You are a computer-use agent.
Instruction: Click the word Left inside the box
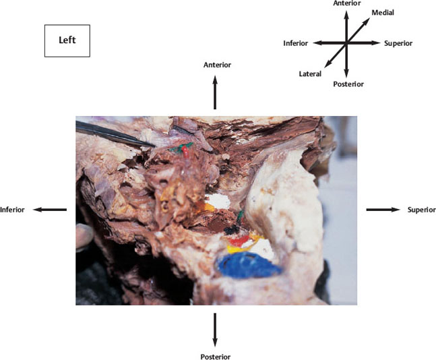(67, 40)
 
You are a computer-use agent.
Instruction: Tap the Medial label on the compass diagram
(383, 13)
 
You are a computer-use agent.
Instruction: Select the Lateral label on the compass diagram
(310, 73)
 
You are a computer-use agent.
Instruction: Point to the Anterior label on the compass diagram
(347, 3)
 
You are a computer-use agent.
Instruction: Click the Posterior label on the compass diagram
(348, 84)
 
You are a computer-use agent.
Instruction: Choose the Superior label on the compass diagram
(398, 43)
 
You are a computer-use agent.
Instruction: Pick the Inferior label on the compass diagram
(296, 43)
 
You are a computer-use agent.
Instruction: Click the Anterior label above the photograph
(217, 65)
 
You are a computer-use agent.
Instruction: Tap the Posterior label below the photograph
(216, 357)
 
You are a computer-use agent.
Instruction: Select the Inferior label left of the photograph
(12, 210)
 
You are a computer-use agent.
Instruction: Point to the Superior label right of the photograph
(422, 210)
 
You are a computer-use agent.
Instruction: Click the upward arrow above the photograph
(215, 92)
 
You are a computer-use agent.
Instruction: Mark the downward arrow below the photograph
(215, 330)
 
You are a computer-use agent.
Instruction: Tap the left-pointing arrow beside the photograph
(50, 210)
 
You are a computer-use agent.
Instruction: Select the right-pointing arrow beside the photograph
(383, 210)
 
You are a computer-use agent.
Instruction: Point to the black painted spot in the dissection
(232, 230)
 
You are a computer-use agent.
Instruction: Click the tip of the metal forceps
(154, 146)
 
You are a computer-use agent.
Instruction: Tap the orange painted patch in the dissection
(205, 207)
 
